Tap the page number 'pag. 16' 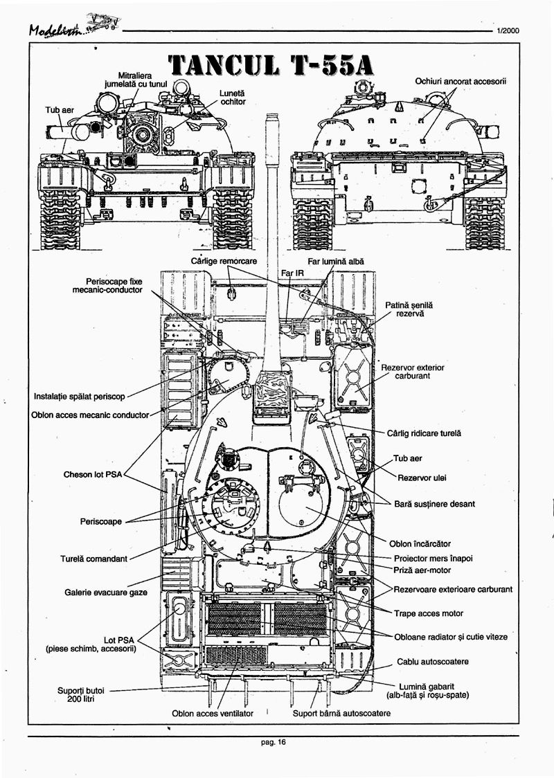[x=273, y=743]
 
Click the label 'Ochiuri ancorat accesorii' [x=461, y=81]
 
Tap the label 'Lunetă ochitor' [x=233, y=97]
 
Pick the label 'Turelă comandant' [x=94, y=559]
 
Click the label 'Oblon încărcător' [x=420, y=543]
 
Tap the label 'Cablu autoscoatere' [x=434, y=662]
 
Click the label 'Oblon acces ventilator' [x=213, y=713]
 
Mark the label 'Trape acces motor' [x=429, y=613]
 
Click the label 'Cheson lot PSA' [x=93, y=475]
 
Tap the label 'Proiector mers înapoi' [x=433, y=558]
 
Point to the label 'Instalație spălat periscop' [x=80, y=397]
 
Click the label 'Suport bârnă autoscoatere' [x=341, y=713]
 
